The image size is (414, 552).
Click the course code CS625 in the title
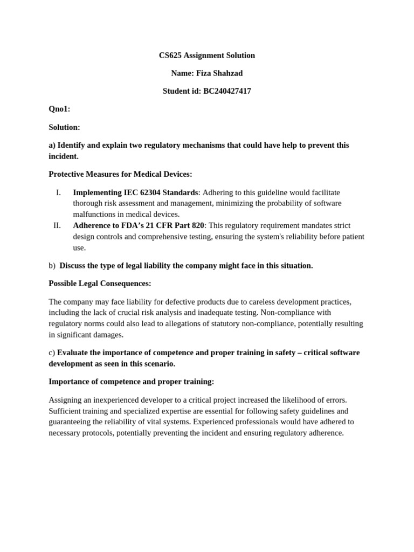coord(170,56)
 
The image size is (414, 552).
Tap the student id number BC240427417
coord(227,91)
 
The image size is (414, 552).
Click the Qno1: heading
coord(59,109)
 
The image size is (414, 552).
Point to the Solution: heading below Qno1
coord(64,127)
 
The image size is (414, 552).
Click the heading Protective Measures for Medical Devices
coord(120,174)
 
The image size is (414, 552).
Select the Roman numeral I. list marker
coord(58,192)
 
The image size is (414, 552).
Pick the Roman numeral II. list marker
coord(57,225)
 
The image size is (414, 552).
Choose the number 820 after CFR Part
coord(197,225)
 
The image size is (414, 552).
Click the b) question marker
coord(52,266)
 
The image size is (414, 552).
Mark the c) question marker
coord(52,353)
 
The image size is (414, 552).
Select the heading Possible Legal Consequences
coord(100,284)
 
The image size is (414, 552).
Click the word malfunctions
coord(95,215)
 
